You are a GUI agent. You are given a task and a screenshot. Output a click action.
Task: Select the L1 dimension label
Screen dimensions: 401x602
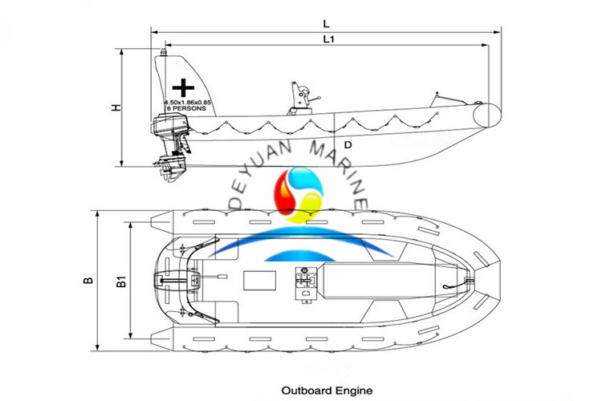(x=328, y=38)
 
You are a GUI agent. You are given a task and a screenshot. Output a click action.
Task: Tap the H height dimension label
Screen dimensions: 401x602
(x=117, y=107)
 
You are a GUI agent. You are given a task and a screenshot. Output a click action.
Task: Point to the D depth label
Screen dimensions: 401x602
(x=348, y=145)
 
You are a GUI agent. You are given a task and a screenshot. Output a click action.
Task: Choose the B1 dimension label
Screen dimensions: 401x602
(x=121, y=281)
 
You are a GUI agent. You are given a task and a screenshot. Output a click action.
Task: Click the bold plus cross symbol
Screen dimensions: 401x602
(x=185, y=87)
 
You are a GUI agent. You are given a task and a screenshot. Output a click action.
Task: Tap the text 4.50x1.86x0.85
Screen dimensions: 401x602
(x=187, y=103)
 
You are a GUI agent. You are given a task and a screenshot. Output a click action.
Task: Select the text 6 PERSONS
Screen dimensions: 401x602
(x=184, y=108)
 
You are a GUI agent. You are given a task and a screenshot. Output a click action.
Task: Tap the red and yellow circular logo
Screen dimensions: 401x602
(x=299, y=195)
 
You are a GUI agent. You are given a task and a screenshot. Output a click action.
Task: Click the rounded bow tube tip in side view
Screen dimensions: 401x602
(x=490, y=115)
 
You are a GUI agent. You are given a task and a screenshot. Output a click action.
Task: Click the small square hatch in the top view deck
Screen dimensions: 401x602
(x=256, y=282)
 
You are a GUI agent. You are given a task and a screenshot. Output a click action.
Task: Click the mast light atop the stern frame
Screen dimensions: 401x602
(x=163, y=51)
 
